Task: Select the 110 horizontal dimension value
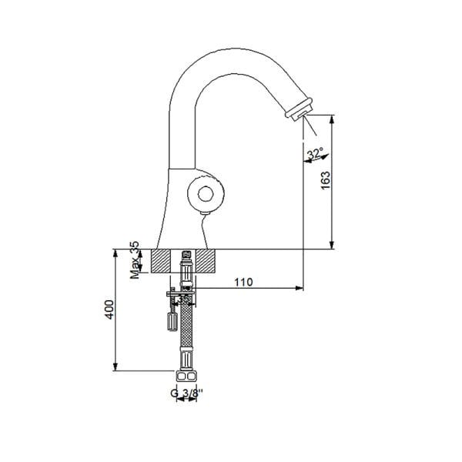(x=243, y=282)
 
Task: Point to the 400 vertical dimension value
(x=109, y=310)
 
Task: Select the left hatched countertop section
(x=165, y=260)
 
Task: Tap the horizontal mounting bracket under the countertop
(x=182, y=293)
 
